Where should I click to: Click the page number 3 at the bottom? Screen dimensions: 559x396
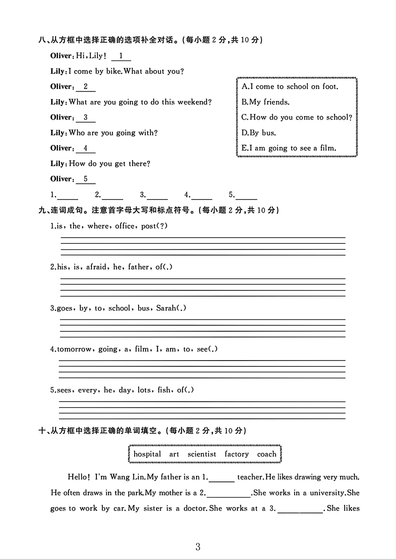(x=198, y=547)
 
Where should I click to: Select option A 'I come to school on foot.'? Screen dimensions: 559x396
(x=290, y=87)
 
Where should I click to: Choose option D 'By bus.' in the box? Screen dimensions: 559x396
(x=258, y=133)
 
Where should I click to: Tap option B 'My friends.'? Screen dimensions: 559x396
(x=265, y=102)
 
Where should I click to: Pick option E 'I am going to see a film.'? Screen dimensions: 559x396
(x=289, y=148)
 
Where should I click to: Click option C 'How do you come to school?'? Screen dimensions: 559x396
(x=297, y=118)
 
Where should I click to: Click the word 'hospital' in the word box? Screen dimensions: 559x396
(x=147, y=454)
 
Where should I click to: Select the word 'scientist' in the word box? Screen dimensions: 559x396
(x=202, y=454)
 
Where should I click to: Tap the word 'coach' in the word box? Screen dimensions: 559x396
(x=267, y=454)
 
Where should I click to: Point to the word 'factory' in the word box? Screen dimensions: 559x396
(x=236, y=454)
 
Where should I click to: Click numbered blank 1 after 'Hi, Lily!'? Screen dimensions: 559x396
(x=121, y=56)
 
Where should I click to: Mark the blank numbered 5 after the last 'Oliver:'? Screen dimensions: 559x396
(x=85, y=179)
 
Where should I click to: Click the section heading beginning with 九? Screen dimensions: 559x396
(x=158, y=210)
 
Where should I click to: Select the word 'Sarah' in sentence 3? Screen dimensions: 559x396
(x=166, y=308)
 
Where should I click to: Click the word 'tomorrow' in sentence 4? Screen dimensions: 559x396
(x=74, y=349)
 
